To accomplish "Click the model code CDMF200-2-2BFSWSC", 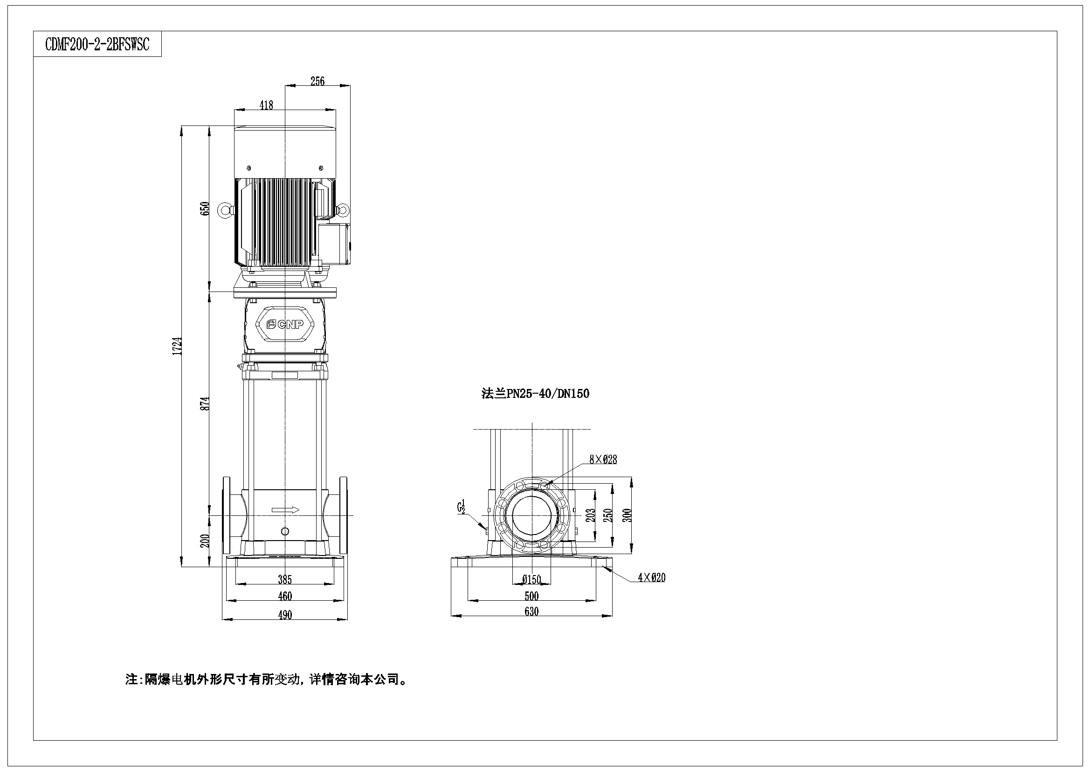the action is tap(97, 44).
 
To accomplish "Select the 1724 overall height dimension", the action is tap(178, 346).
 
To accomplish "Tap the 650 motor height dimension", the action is tap(205, 208).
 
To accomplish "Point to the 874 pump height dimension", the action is tap(205, 403).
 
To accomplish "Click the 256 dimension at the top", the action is tap(317, 81).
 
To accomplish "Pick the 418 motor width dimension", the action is tap(266, 105).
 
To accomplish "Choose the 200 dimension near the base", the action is tap(205, 541).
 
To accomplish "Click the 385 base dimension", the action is tap(285, 580).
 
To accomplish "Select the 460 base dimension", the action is tap(285, 596).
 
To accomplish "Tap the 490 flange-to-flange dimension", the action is tap(285, 615).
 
